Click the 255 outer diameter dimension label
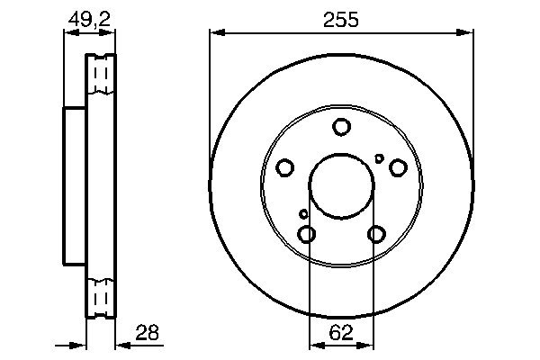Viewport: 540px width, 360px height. [x=341, y=19]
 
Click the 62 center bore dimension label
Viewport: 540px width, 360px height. [x=341, y=331]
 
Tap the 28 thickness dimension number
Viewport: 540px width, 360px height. [x=146, y=332]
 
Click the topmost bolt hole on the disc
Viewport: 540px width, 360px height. [x=341, y=128]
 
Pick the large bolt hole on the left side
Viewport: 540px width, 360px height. [x=285, y=168]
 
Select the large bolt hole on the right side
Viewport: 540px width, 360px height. [x=397, y=167]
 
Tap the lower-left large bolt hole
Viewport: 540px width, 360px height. [x=307, y=234]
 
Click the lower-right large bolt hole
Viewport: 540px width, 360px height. [x=376, y=234]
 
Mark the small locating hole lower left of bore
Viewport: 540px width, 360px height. [x=303, y=213]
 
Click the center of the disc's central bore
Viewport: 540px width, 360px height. [x=341, y=186]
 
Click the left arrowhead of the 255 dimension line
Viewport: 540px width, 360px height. [x=214, y=34]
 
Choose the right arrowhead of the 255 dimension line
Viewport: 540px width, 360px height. [x=468, y=34]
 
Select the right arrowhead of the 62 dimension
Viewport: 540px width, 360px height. [x=369, y=345]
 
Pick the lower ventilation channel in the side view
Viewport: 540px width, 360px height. [x=102, y=294]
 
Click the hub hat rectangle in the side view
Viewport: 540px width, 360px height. [x=75, y=185]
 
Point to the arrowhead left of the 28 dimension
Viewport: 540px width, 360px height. [x=80, y=345]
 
